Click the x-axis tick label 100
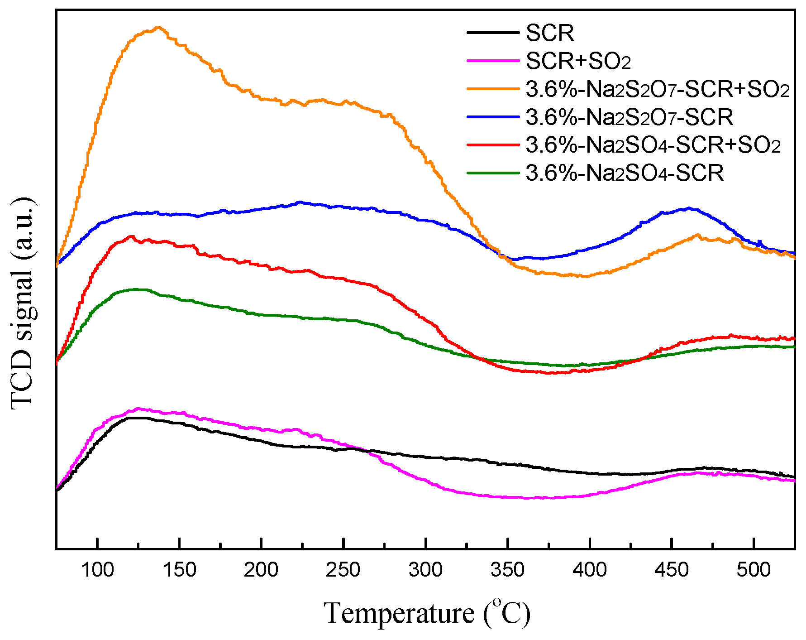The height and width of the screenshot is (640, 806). [97, 570]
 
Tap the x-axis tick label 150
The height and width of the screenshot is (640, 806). [180, 570]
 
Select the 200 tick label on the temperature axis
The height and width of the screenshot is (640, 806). [262, 570]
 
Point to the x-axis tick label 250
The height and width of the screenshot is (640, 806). [343, 570]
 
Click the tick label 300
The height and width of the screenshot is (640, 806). [426, 570]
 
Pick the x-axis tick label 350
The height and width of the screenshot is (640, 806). [508, 570]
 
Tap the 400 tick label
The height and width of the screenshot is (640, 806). [590, 570]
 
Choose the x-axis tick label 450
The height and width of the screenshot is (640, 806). [672, 570]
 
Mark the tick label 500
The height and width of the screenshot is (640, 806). [754, 570]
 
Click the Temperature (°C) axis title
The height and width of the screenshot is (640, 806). [427, 613]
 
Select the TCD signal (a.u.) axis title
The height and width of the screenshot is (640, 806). [23, 303]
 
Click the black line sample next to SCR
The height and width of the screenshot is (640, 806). [493, 33]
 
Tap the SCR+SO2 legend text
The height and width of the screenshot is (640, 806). [578, 61]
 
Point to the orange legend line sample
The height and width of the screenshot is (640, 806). [493, 89]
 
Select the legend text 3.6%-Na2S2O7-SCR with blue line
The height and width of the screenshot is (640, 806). [629, 117]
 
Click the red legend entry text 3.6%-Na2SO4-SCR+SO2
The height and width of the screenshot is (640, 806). [653, 145]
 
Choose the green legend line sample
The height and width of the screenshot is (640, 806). [493, 173]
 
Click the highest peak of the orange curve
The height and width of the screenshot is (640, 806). [158, 28]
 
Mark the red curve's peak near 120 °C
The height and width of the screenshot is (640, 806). [132, 236]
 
